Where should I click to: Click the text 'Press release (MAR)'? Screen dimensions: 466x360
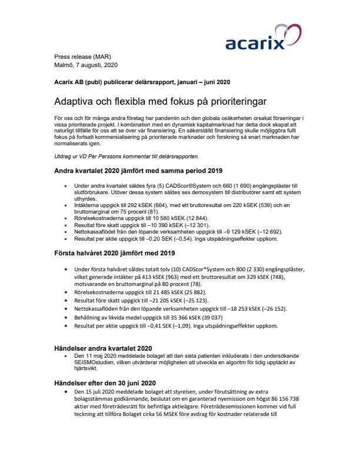pyautogui.click(x=82, y=55)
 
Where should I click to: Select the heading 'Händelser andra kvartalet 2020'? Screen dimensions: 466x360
pyautogui.click(x=104, y=348)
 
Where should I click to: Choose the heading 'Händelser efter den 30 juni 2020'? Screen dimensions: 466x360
pyautogui.click(x=105, y=383)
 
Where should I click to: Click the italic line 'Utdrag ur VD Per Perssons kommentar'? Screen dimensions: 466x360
pyautogui.click(x=126, y=157)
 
